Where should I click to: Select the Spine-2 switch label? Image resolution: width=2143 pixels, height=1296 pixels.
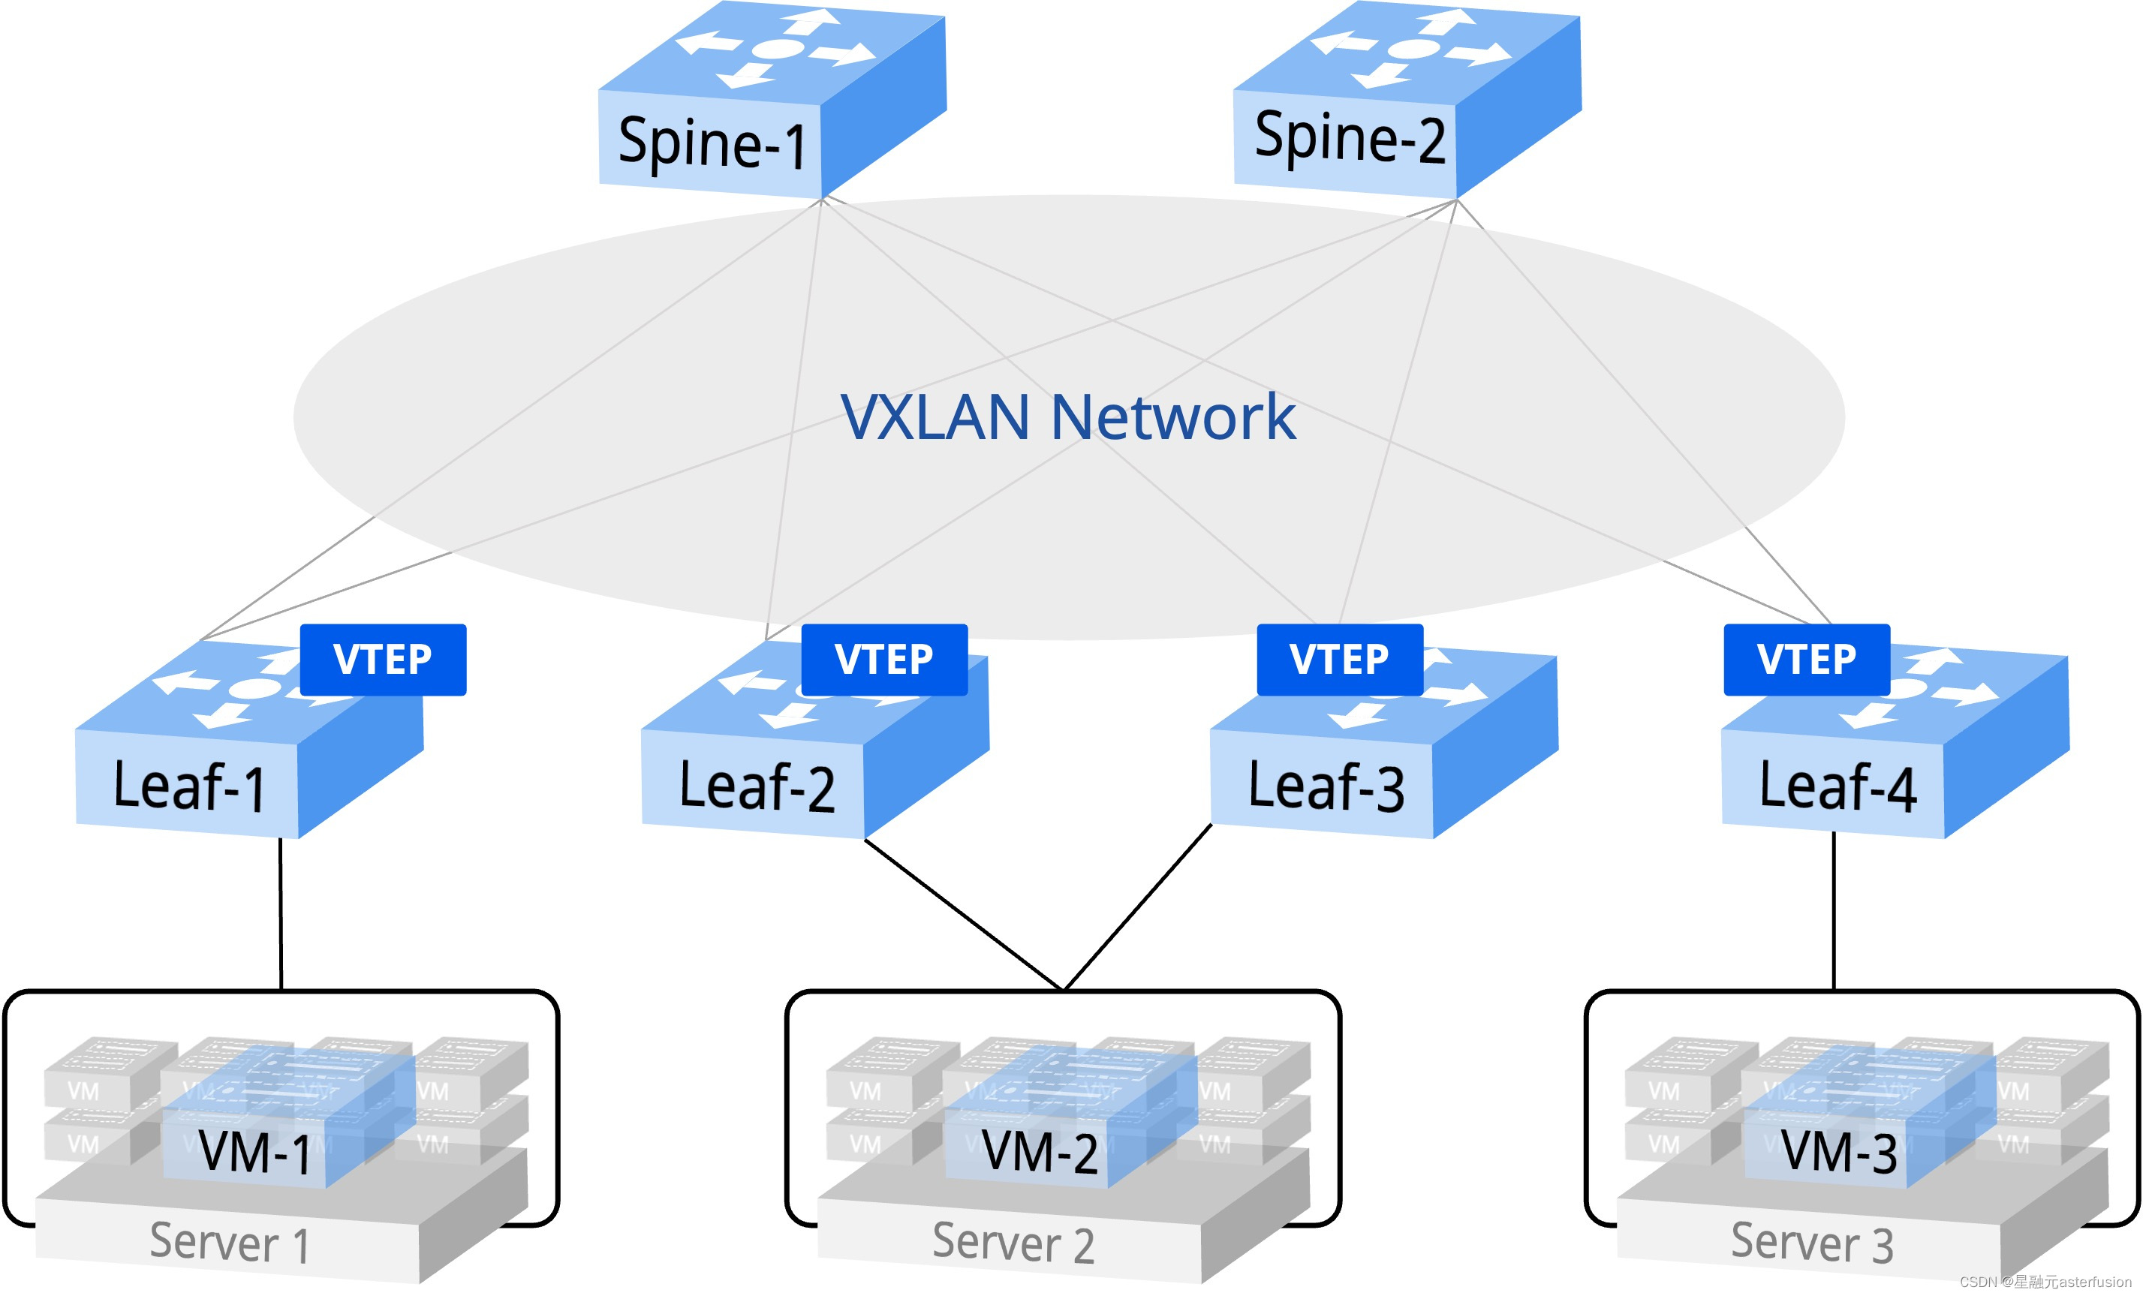[1349, 138]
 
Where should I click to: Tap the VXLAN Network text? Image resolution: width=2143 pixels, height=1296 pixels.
[1068, 417]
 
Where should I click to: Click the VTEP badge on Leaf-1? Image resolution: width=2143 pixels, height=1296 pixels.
[383, 660]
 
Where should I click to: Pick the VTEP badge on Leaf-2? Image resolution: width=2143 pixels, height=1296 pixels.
[883, 660]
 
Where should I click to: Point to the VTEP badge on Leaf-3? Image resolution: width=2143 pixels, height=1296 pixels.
[1339, 660]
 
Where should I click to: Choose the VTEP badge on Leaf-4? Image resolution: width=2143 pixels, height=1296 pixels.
[1807, 660]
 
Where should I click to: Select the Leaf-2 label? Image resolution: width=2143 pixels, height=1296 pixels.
[756, 786]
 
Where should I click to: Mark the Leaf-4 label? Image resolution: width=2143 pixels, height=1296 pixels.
[1837, 786]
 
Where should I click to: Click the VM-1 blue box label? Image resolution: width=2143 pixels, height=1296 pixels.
[254, 1153]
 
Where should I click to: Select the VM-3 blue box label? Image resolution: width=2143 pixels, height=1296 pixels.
[1838, 1153]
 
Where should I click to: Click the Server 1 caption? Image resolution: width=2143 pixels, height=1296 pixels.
[229, 1243]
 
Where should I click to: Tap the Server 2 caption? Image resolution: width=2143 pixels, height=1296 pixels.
[1013, 1243]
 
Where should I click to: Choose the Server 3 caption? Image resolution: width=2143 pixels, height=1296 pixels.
[1812, 1243]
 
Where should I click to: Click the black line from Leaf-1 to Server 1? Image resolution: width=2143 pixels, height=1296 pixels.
[281, 913]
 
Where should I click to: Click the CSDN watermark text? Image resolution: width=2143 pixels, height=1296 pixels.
[2045, 1282]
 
